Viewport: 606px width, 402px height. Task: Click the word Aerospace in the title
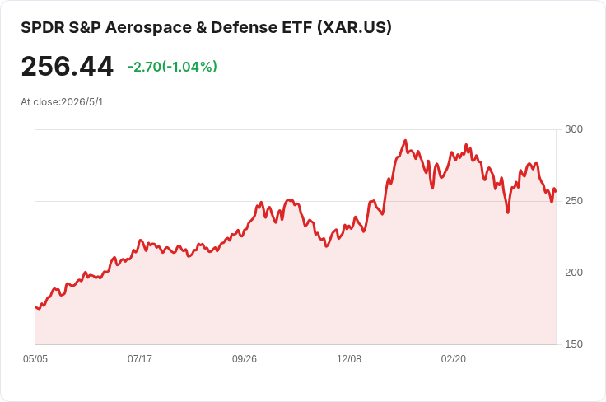tap(148, 28)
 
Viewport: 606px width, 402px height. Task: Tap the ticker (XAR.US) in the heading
tap(354, 28)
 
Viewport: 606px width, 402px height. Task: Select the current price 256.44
tap(68, 67)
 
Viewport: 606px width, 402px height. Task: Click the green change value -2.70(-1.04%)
tap(172, 67)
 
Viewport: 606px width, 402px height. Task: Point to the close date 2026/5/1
tap(82, 102)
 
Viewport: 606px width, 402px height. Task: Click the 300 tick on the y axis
tap(574, 129)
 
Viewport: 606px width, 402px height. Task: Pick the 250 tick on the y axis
tap(574, 201)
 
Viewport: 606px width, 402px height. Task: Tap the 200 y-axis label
tap(574, 273)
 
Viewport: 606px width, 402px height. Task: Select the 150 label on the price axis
tap(574, 344)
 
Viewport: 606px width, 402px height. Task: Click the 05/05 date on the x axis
tap(35, 359)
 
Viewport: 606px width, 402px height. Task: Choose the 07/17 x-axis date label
tap(140, 359)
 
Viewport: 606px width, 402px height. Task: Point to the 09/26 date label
tap(245, 359)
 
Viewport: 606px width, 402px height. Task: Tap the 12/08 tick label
tap(349, 359)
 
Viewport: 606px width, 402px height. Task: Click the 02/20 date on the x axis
tap(454, 359)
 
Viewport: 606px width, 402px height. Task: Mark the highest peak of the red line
tap(405, 141)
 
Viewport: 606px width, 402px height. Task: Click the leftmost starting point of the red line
tap(36, 307)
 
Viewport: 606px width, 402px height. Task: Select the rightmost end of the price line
tap(556, 191)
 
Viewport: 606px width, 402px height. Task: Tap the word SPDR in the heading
tap(43, 28)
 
